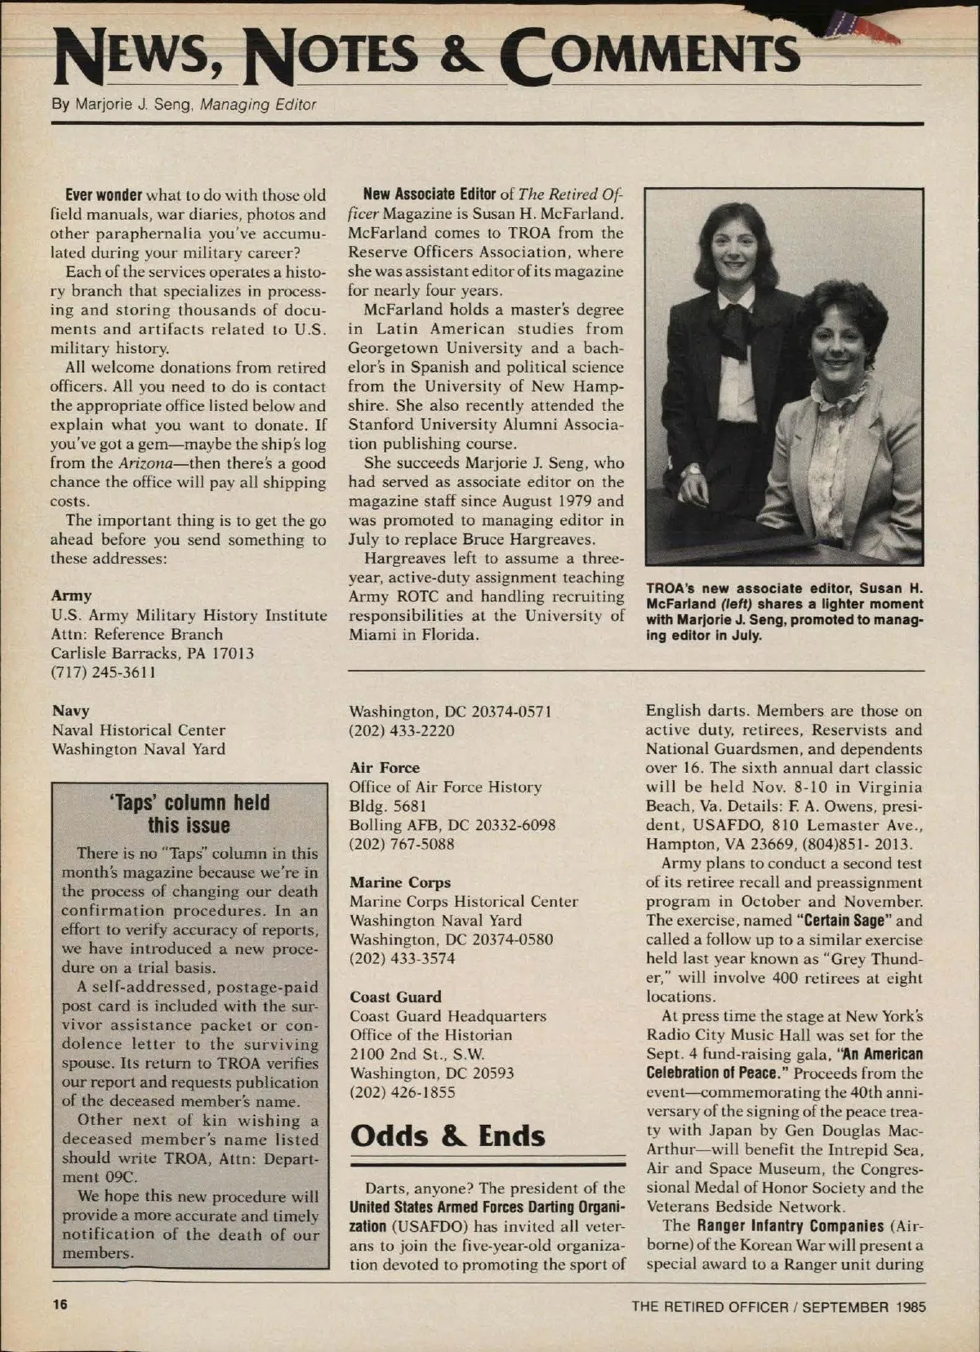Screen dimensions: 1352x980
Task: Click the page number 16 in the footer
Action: [59, 1305]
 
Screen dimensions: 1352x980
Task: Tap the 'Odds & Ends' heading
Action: [447, 1136]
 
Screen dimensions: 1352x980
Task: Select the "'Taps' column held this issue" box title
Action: [189, 814]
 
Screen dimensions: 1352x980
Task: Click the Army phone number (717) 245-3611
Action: [104, 672]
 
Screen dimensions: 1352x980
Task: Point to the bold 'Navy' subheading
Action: [70, 711]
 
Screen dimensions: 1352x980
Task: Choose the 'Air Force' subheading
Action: [384, 768]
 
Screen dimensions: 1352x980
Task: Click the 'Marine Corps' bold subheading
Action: [399, 882]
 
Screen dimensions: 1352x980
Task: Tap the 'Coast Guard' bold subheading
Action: [395, 997]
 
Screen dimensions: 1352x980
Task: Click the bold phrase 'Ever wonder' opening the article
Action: [104, 195]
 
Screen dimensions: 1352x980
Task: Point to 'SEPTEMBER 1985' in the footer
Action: [864, 1306]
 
